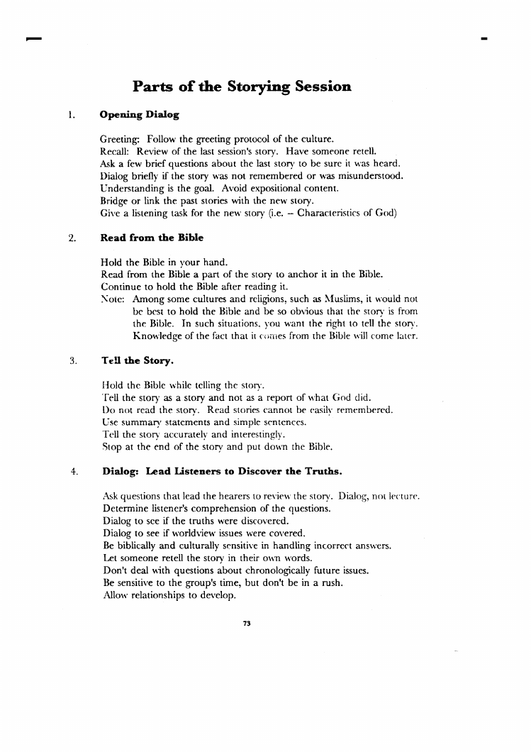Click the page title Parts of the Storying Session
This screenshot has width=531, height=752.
point(242,87)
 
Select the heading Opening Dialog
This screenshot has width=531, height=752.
point(140,114)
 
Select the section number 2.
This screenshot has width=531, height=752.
point(72,238)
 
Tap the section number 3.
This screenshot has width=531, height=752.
point(72,360)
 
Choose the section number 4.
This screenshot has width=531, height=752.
point(72,470)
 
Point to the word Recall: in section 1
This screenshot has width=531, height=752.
point(116,151)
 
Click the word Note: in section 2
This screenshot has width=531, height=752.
point(114,300)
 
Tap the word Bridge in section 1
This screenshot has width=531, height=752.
point(115,201)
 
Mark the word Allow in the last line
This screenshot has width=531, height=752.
point(117,596)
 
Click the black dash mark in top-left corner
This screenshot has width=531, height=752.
point(32,38)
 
